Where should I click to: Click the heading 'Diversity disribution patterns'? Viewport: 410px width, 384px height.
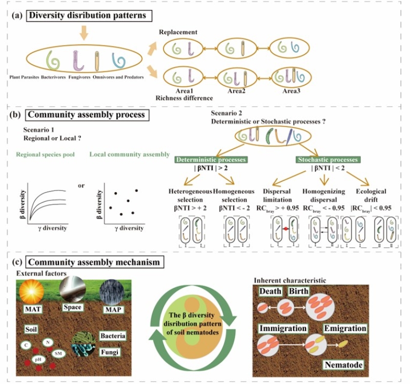(88, 15)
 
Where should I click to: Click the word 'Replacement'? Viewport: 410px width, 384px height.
(178, 32)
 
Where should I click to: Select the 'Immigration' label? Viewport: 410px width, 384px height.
(283, 328)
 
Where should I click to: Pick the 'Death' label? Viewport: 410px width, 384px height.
(270, 291)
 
